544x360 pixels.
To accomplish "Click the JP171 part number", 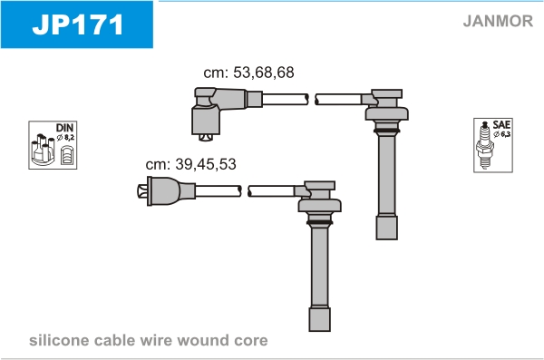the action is click(x=78, y=24).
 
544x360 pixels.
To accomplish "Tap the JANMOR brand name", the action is click(x=498, y=21).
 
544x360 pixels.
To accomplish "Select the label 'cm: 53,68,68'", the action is click(x=248, y=73).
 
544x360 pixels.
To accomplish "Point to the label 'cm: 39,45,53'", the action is click(x=190, y=164).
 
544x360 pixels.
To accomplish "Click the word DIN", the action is click(x=65, y=128).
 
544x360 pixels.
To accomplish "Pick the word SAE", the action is click(x=501, y=124).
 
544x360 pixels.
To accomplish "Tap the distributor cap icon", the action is click(x=43, y=150).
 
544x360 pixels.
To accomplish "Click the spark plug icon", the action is click(x=485, y=145).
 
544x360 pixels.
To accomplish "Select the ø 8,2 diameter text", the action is click(x=65, y=138).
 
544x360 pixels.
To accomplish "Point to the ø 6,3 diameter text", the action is click(x=502, y=134).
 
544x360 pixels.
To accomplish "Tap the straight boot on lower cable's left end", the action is click(x=166, y=191).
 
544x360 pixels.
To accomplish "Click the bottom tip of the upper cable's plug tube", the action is click(x=386, y=238).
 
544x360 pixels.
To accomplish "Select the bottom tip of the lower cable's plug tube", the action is click(x=319, y=330).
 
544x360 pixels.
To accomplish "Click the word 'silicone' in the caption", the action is click(x=58, y=340).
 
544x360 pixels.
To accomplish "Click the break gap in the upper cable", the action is click(x=312, y=100).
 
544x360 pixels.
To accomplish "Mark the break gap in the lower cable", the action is click(x=245, y=191).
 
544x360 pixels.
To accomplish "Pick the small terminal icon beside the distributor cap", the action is click(x=66, y=155).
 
